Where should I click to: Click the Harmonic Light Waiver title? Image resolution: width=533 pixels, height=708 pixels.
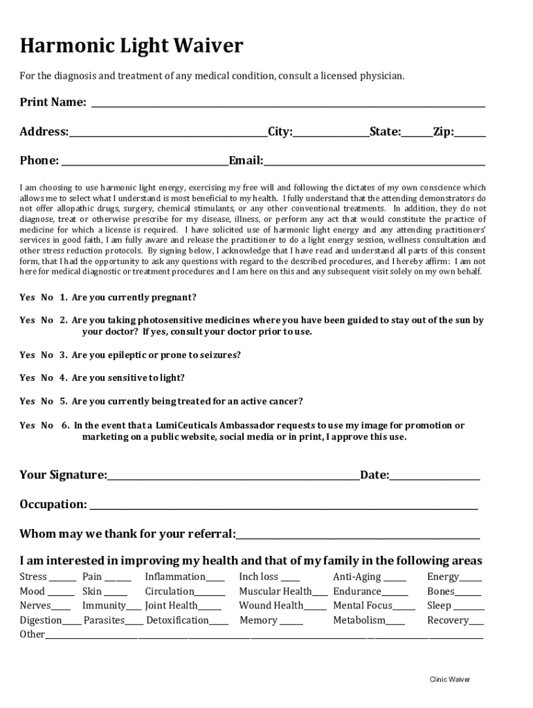point(132,47)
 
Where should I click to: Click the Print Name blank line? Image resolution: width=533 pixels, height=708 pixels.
point(288,104)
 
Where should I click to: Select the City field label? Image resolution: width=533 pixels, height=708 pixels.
point(280,132)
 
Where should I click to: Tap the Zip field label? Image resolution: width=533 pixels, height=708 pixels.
point(443,132)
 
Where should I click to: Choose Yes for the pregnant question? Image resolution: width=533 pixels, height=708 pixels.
point(27,297)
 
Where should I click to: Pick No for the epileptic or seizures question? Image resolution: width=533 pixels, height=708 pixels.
point(47,355)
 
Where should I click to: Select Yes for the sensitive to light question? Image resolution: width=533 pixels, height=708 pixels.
point(27,378)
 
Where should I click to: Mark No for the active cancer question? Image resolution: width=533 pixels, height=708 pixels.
point(47,402)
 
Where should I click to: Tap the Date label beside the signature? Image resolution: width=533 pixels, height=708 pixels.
point(374,475)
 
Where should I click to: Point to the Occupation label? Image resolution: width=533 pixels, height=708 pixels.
point(53,505)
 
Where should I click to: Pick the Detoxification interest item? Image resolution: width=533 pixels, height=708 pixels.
point(177,621)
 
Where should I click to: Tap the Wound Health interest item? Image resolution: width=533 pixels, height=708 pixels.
point(271,606)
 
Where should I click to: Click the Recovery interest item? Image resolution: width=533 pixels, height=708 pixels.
point(447,621)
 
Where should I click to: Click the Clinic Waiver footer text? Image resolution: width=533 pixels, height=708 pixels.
point(449,680)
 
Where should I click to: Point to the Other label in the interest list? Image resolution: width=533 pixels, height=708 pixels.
point(32,635)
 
